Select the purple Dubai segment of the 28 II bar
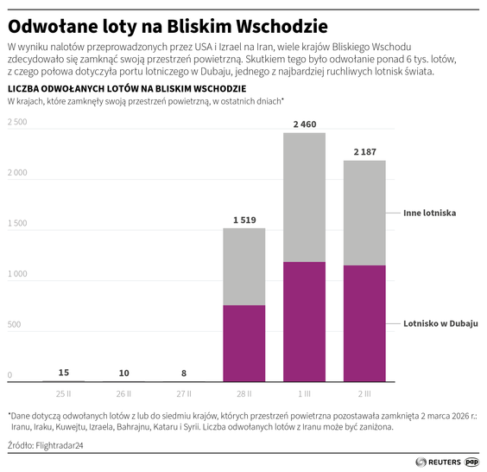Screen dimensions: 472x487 click(x=244, y=343)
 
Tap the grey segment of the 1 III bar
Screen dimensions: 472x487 click(x=304, y=197)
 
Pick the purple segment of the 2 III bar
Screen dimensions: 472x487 click(x=364, y=323)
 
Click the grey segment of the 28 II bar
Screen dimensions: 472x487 click(x=244, y=266)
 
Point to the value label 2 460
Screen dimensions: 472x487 click(x=304, y=124)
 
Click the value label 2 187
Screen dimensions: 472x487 click(x=364, y=152)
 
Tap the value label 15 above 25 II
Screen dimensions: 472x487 click(x=64, y=373)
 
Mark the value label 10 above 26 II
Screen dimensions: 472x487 click(x=124, y=373)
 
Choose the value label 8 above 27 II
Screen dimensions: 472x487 click(x=184, y=373)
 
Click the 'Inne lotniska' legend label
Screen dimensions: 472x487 click(x=429, y=213)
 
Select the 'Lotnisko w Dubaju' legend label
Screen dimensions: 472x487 click(x=440, y=323)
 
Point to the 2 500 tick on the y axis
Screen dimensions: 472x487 click(x=17, y=123)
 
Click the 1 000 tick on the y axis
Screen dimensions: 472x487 click(x=17, y=274)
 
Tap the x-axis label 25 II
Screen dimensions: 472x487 click(x=64, y=392)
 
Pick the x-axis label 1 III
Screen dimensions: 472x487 click(x=304, y=392)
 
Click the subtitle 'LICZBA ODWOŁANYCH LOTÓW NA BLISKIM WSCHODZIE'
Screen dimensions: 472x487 click(x=126, y=89)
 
